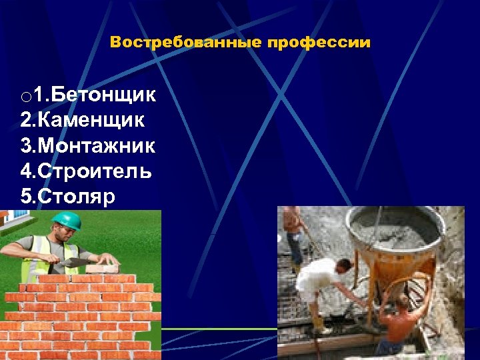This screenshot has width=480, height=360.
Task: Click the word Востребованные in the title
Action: click(x=186, y=43)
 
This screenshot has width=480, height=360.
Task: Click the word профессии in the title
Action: click(x=319, y=43)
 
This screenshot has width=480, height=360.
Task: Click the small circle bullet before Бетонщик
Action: click(x=25, y=98)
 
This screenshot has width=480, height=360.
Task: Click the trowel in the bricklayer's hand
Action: click(x=80, y=262)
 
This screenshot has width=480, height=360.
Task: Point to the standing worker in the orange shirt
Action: click(x=293, y=233)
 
